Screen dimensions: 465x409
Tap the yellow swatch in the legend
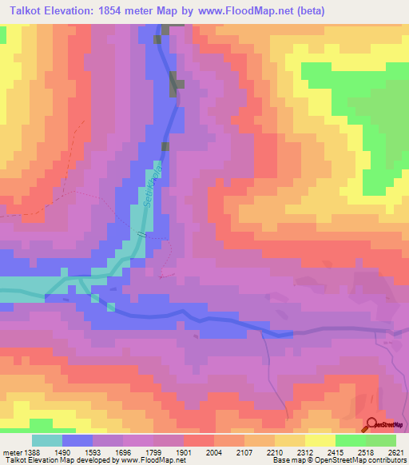point(320,440)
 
